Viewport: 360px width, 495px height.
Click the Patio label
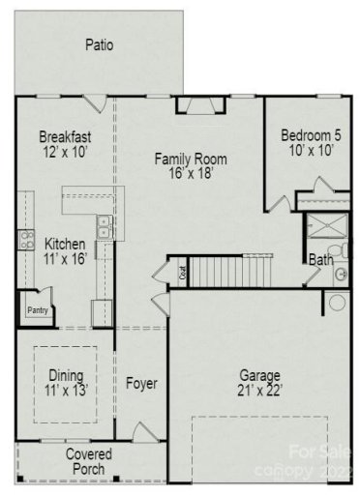tap(99, 44)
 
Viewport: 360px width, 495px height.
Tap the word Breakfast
tap(65, 136)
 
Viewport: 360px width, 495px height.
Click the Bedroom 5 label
tap(307, 135)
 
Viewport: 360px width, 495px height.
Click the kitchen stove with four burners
tap(25, 241)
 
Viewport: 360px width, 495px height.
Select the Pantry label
tap(38, 310)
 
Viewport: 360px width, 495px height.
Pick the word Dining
tap(67, 375)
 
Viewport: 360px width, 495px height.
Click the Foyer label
tap(141, 384)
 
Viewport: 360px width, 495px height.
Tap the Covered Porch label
tap(88, 461)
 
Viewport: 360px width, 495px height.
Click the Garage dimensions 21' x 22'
tap(260, 391)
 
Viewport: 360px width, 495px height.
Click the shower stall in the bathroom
tap(319, 232)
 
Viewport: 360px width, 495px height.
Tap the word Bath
tap(320, 259)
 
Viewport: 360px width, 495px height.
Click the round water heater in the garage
tap(336, 303)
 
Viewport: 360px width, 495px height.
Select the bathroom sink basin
tap(341, 275)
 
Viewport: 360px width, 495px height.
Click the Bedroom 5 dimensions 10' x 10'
tap(307, 151)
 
